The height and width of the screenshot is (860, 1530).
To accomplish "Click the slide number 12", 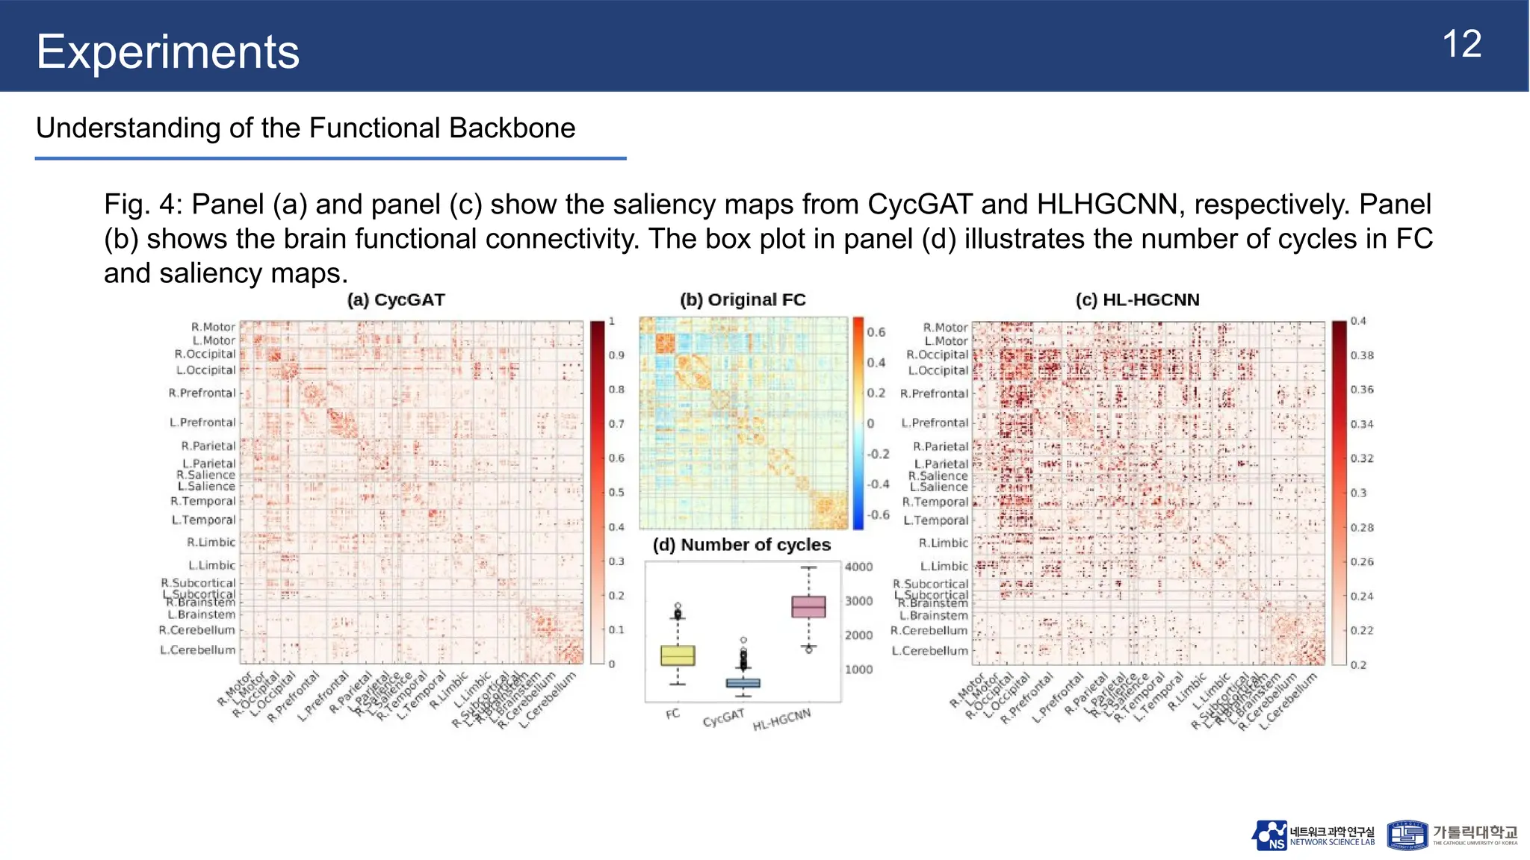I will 1461,45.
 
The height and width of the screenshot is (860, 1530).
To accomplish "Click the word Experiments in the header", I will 167,52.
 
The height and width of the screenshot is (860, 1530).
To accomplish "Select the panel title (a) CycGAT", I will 396,300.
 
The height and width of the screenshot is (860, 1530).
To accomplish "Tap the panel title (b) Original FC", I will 743,300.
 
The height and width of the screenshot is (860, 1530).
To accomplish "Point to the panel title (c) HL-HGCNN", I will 1137,300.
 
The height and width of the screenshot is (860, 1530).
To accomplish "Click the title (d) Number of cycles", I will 741,545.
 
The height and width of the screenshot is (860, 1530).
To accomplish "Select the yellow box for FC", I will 678,655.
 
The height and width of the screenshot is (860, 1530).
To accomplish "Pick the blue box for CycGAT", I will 743,683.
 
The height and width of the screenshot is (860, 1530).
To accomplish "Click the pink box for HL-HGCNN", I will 808,606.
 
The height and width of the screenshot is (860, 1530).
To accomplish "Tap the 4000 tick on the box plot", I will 858,567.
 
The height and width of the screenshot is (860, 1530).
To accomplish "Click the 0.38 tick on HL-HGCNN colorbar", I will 1361,355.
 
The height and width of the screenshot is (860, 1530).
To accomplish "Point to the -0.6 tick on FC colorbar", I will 878,515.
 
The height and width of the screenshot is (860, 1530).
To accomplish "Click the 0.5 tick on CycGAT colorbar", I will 616,493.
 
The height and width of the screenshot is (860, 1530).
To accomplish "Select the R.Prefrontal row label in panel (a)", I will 202,393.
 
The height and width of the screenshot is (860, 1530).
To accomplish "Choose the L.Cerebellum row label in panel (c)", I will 929,651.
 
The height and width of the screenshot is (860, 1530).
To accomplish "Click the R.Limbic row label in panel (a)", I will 211,543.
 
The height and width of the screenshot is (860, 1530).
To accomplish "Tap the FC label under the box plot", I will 672,714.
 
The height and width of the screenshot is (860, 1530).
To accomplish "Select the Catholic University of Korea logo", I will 1452,835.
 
